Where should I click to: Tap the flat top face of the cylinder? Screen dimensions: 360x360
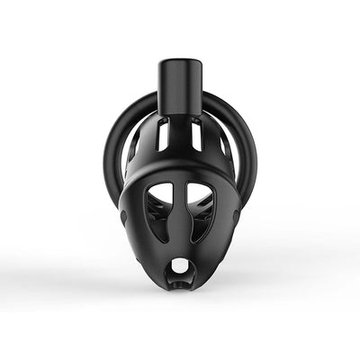click(x=179, y=64)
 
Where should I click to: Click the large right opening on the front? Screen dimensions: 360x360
click(x=200, y=206)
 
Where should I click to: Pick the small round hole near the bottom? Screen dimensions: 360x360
click(x=181, y=267)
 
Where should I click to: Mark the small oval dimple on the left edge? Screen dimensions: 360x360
click(x=123, y=218)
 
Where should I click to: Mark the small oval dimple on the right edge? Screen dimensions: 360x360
click(x=238, y=218)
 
